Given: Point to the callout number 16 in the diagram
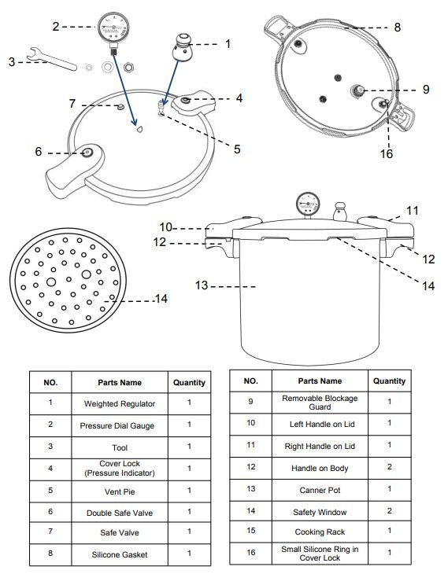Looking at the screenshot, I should pos(386,153).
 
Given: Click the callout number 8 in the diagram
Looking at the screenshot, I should pos(398,27).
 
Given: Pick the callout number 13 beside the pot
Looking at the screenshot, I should pos(202,285).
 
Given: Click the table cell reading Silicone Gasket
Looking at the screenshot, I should pos(120,554).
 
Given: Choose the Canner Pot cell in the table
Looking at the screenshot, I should pos(318,489).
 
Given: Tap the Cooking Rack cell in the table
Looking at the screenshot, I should pos(318,532).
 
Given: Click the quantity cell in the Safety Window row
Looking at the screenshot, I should pos(389,510).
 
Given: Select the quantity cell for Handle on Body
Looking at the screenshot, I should pos(389,467).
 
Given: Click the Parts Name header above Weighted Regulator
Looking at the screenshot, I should pos(120,382).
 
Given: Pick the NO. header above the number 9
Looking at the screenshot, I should pos(251,381).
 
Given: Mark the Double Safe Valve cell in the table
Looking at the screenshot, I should pos(120,512).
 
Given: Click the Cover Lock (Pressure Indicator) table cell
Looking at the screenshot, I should pos(120,468).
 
